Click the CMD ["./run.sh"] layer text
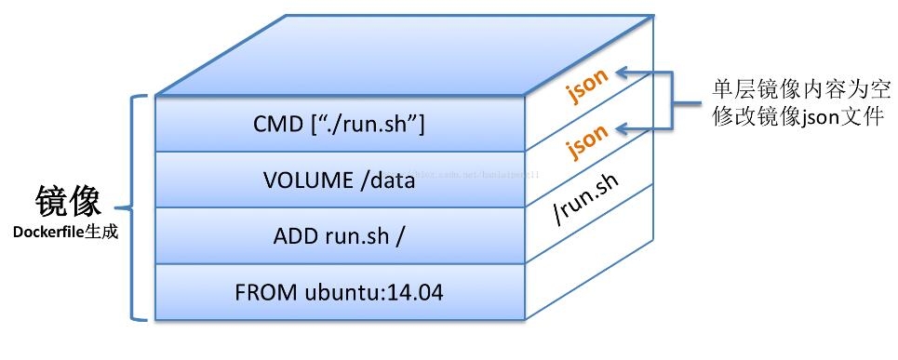(x=339, y=125)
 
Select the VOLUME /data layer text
(x=339, y=180)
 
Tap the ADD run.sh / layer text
(x=339, y=236)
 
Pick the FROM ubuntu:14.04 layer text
(x=339, y=293)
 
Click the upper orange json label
(x=587, y=86)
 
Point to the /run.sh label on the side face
(x=586, y=198)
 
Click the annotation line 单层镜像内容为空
(x=797, y=89)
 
